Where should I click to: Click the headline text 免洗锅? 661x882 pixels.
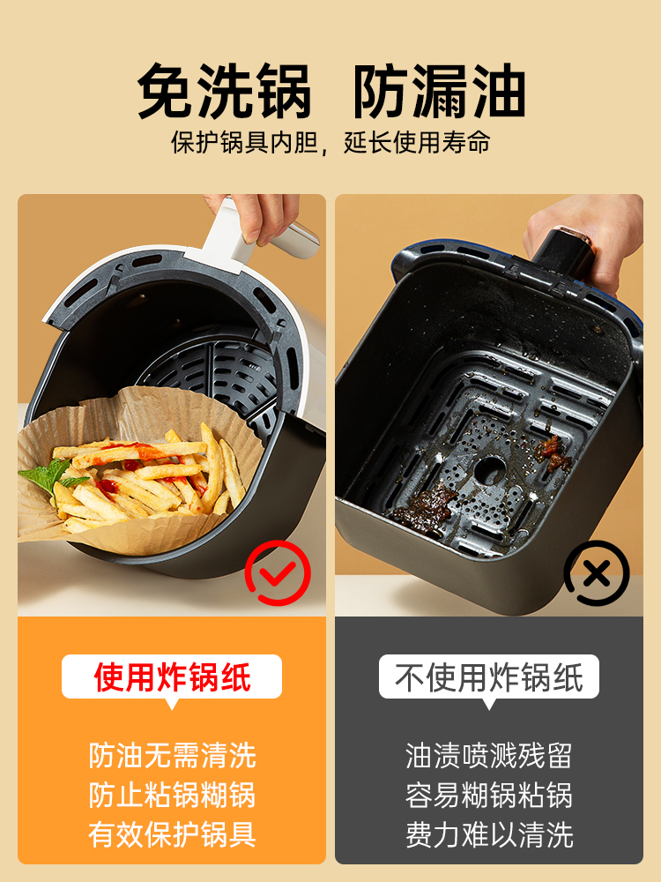pyautogui.click(x=224, y=90)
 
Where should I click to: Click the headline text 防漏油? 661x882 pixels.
pyautogui.click(x=439, y=90)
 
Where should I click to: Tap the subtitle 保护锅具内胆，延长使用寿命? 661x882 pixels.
pyautogui.click(x=330, y=142)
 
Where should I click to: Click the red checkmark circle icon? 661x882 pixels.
pyautogui.click(x=278, y=572)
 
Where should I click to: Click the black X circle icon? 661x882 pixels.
pyautogui.click(x=597, y=573)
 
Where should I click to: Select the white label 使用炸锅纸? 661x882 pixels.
pyautogui.click(x=172, y=676)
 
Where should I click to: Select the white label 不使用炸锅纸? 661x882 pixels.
pyautogui.click(x=489, y=676)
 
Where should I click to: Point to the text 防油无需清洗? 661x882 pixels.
pyautogui.click(x=172, y=756)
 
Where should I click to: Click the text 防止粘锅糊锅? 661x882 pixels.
pyautogui.click(x=172, y=795)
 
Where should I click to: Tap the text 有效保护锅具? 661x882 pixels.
pyautogui.click(x=172, y=834)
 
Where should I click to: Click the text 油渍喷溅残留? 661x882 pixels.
pyautogui.click(x=489, y=756)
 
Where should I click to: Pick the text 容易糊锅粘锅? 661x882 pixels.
pyautogui.click(x=489, y=795)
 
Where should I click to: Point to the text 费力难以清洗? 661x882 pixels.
pyautogui.click(x=489, y=834)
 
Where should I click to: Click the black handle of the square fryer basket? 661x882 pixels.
pyautogui.click(x=562, y=250)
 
